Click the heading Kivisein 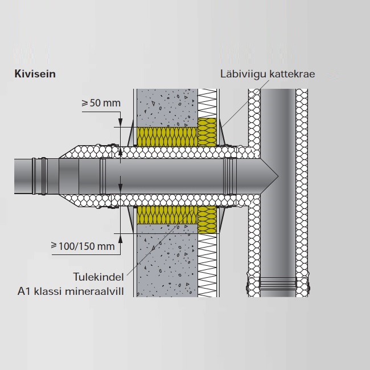pyautogui.click(x=35, y=74)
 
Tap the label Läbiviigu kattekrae pyautogui.click(x=268, y=74)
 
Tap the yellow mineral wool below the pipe pyautogui.click(x=171, y=215)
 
